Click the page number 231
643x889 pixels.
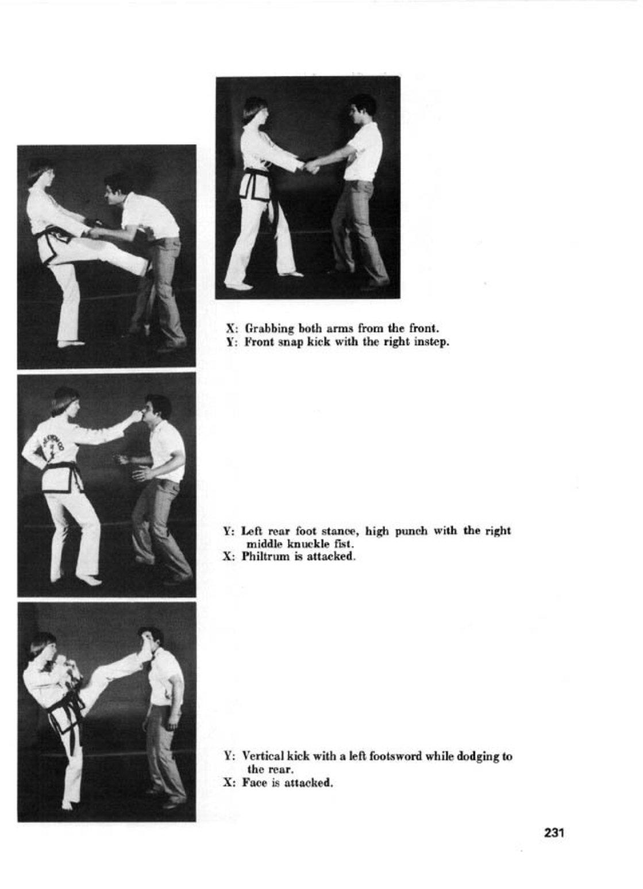pyautogui.click(x=553, y=832)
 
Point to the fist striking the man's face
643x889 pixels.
pyautogui.click(x=136, y=415)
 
